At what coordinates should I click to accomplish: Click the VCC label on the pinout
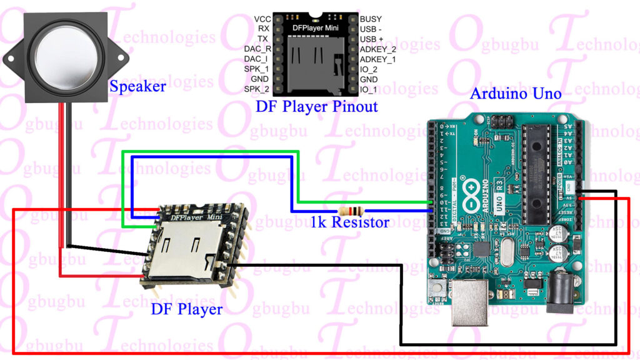point(262,19)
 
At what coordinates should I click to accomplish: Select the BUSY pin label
point(371,19)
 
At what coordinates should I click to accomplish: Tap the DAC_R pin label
point(257,49)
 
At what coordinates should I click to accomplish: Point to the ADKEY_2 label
point(377,49)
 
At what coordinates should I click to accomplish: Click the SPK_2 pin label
point(256,89)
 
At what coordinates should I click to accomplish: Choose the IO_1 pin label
point(369,89)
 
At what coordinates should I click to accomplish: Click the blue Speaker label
point(137,86)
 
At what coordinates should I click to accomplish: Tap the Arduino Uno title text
point(516,94)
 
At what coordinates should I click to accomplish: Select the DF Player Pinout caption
point(316,106)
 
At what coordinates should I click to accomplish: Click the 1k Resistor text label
point(350,222)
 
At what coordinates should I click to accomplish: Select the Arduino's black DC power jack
point(561,294)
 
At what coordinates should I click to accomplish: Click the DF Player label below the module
point(186,309)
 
